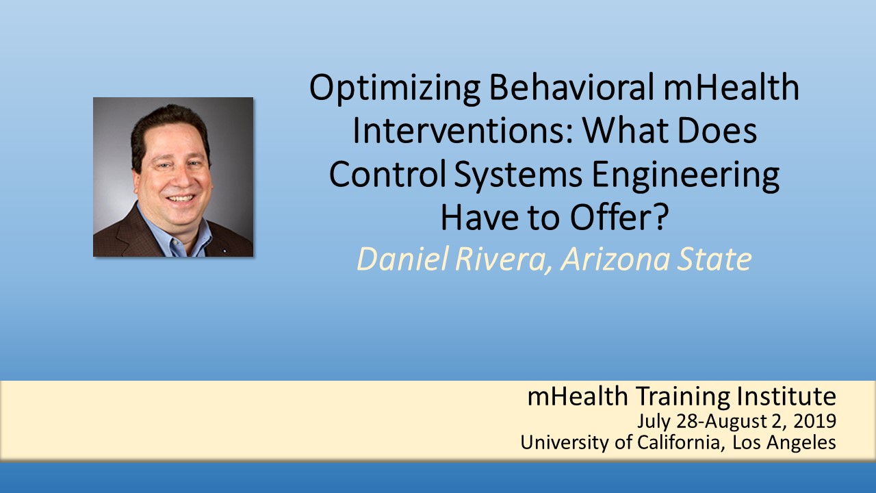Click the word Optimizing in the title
pyautogui.click(x=395, y=88)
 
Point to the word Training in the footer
pyautogui.click(x=683, y=397)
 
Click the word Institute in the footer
pyautogui.click(x=787, y=396)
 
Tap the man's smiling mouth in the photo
pyautogui.click(x=180, y=199)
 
